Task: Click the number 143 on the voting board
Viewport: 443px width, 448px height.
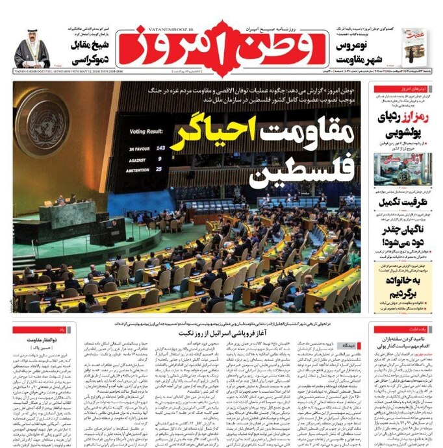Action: point(160,148)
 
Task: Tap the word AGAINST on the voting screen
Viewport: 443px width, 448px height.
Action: point(138,158)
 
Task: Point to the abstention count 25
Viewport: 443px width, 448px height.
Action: point(159,169)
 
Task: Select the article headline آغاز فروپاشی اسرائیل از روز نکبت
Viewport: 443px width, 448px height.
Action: point(212,332)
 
